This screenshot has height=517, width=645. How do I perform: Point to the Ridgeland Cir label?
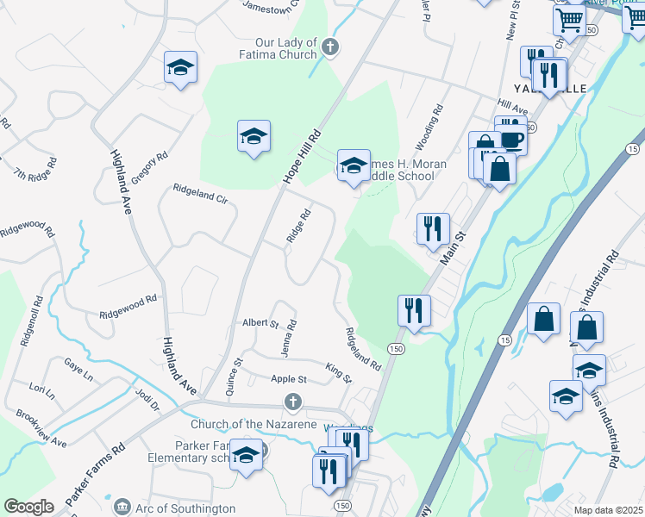click(200, 192)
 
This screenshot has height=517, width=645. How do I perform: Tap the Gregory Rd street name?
click(149, 169)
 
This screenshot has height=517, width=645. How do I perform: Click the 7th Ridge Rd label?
click(35, 168)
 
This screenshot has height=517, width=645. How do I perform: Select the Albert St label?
click(260, 323)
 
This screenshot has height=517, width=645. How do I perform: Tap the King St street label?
click(339, 373)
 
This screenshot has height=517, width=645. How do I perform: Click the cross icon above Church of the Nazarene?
click(293, 402)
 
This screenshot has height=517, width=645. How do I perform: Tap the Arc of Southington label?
click(185, 508)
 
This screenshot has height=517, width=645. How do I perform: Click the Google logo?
click(29, 507)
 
